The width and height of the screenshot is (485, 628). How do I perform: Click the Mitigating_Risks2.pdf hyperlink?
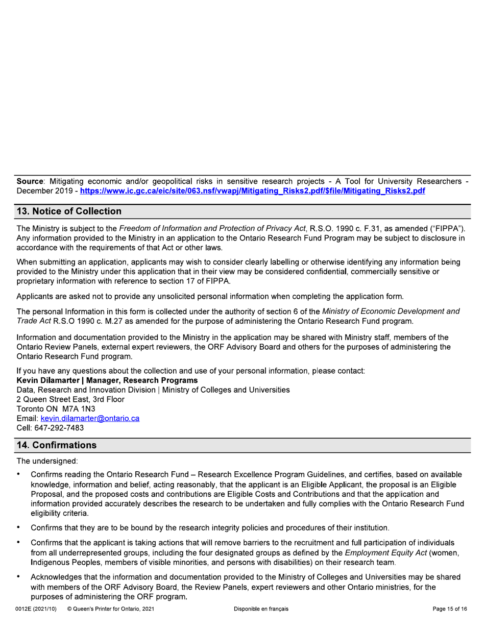tap(253, 191)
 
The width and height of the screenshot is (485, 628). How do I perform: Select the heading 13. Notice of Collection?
tap(69, 211)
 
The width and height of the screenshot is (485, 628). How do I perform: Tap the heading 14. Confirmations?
tap(57, 445)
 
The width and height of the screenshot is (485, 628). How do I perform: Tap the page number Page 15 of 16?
tap(449, 609)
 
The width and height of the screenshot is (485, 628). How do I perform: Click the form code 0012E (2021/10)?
tap(36, 609)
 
